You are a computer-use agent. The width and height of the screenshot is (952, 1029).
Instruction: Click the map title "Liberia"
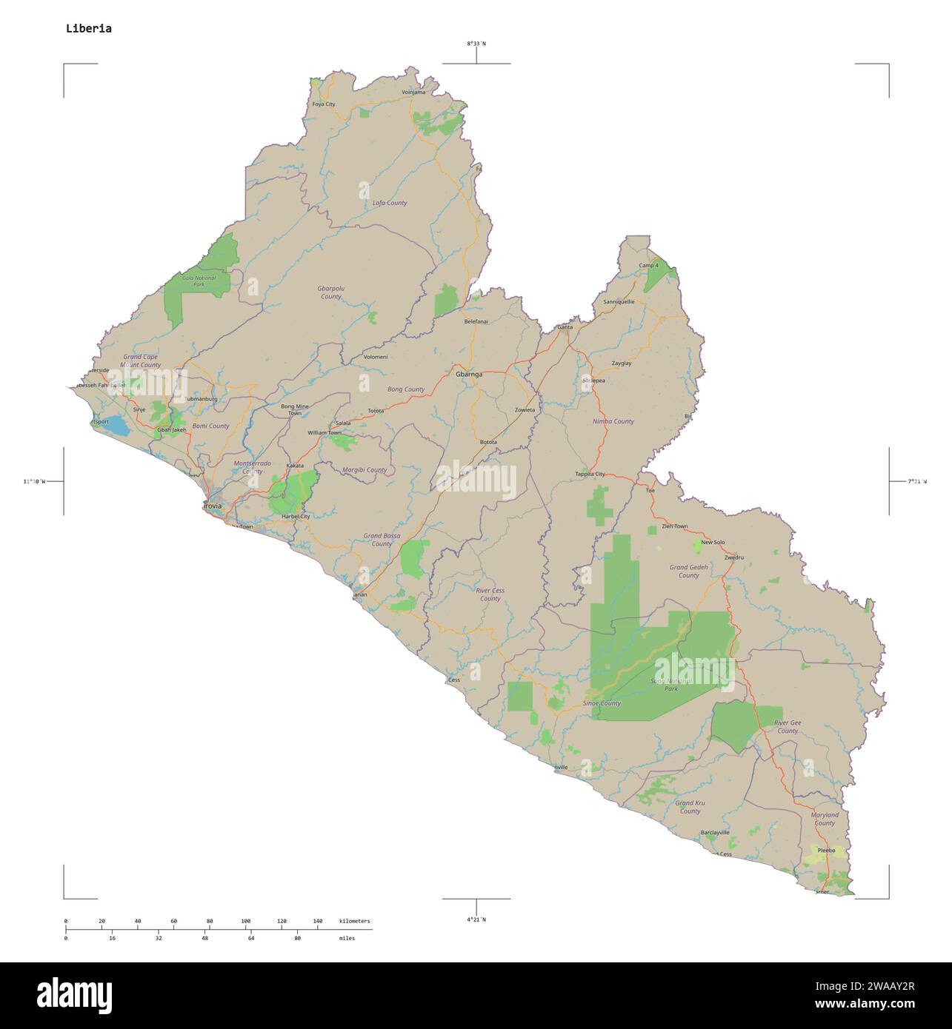coord(89,29)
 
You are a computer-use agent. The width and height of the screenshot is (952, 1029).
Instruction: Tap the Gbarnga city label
coord(469,375)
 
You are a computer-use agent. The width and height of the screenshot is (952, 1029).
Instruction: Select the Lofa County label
coord(390,203)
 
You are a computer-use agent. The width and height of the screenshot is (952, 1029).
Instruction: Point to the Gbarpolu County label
coord(331,292)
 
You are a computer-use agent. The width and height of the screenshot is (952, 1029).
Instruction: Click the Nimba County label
coord(613,421)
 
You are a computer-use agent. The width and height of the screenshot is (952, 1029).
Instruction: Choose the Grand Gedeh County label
coord(688,571)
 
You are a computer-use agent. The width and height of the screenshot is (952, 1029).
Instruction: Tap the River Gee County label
coord(788,726)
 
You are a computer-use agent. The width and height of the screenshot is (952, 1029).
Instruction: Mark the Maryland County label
coord(825,818)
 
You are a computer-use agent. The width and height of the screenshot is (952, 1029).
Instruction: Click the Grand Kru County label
coord(690,807)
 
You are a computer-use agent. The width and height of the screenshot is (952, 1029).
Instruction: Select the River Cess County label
coord(490,594)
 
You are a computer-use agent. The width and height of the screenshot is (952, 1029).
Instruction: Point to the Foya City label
coord(324,104)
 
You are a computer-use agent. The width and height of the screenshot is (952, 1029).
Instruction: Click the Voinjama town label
coord(413,93)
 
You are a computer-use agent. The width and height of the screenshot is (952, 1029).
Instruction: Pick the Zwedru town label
coord(734,557)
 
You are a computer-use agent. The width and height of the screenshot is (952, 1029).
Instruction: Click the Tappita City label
coord(590,474)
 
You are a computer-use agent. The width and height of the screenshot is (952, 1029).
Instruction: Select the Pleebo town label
coord(826,851)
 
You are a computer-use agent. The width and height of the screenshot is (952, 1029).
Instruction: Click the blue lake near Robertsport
coord(116,427)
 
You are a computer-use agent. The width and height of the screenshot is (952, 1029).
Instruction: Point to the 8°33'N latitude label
coord(476,44)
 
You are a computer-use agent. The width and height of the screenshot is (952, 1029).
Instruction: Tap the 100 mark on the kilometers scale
coord(246,921)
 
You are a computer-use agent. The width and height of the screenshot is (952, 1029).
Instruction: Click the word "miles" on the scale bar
coord(347,938)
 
